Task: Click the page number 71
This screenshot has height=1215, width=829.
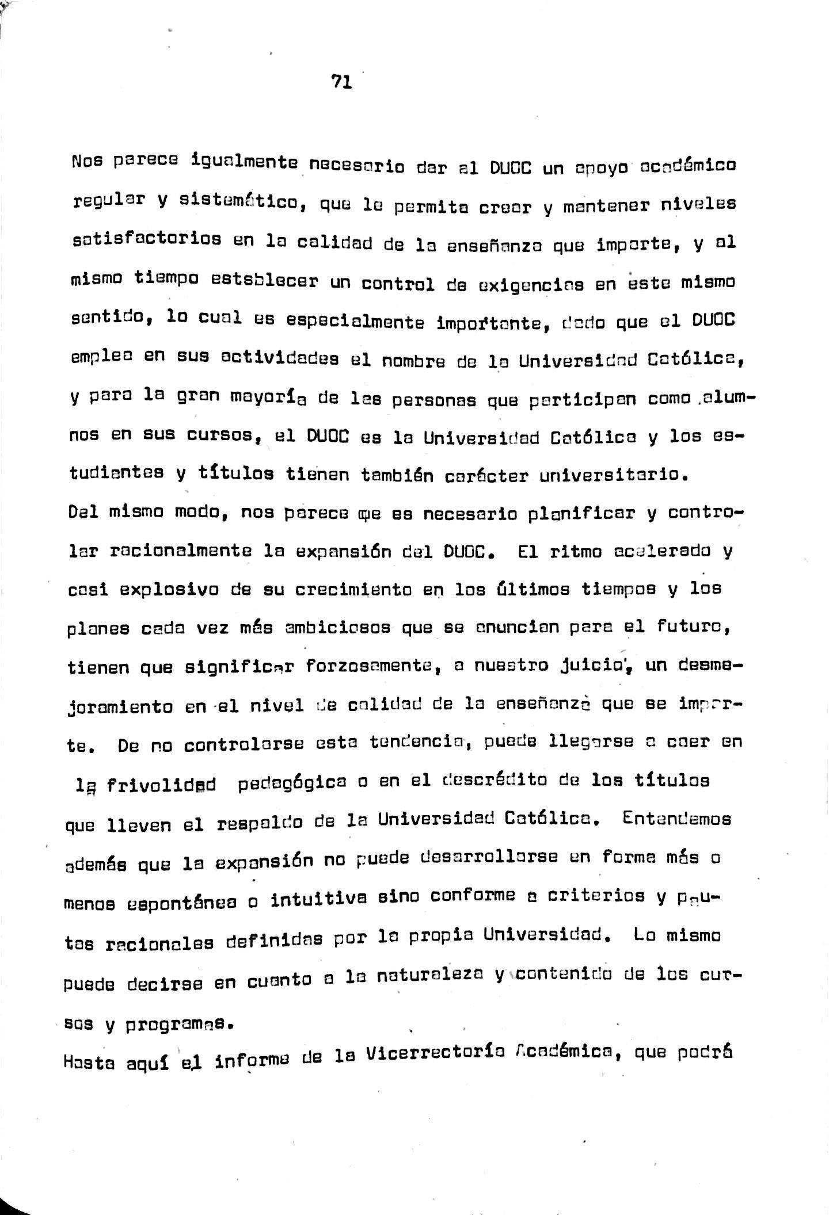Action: click(342, 82)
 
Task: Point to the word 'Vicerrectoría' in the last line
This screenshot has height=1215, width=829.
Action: click(436, 1052)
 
